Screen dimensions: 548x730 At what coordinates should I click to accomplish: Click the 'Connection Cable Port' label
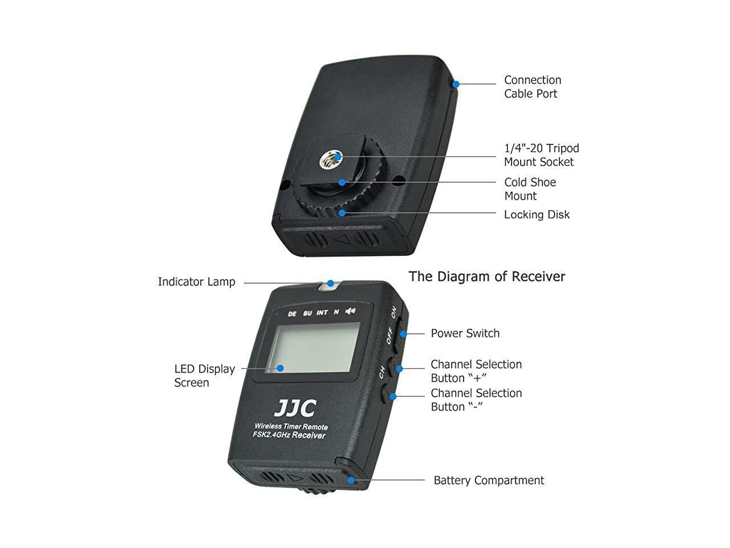(x=532, y=87)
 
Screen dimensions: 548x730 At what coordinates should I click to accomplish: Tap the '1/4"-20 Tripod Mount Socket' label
(x=541, y=155)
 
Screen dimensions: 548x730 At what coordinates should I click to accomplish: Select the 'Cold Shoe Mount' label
(x=530, y=189)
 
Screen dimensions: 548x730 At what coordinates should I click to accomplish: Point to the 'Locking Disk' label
(x=537, y=215)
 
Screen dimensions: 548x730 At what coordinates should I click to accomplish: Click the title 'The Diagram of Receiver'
(x=486, y=277)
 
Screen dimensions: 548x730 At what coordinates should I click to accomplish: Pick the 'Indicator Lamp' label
(x=196, y=282)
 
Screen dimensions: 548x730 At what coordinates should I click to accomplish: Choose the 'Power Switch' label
(x=465, y=333)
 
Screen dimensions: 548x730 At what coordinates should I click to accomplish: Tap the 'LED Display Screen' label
(x=204, y=376)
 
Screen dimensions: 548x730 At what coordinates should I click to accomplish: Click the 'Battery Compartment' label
(x=489, y=481)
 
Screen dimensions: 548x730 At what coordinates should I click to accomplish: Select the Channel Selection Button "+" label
(x=476, y=371)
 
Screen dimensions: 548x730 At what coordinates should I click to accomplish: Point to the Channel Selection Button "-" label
(x=476, y=400)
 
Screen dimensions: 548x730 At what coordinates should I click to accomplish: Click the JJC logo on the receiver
(x=295, y=408)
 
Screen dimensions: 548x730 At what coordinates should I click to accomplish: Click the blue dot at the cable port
(x=456, y=84)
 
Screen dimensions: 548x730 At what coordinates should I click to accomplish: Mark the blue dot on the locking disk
(x=341, y=213)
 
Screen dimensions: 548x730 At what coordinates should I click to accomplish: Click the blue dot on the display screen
(x=281, y=368)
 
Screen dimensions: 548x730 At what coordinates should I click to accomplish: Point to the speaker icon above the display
(x=350, y=311)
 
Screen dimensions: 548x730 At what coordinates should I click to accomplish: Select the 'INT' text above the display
(x=322, y=313)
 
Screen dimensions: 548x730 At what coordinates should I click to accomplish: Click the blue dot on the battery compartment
(x=351, y=480)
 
